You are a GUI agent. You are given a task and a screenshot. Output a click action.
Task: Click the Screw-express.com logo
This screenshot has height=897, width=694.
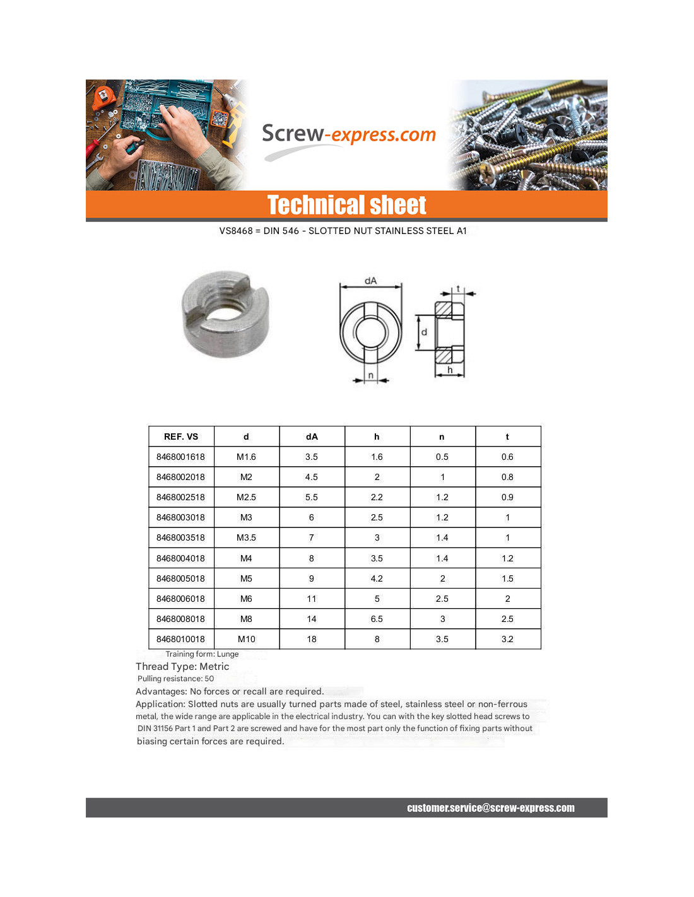click(348, 135)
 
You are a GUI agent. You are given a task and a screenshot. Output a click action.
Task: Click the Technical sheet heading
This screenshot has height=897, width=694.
click(346, 205)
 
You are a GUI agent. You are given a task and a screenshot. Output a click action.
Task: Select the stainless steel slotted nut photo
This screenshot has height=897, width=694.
click(225, 314)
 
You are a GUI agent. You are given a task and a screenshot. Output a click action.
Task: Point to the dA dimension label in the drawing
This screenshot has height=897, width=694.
click(370, 281)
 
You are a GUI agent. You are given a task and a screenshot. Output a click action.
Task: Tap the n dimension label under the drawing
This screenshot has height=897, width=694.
click(371, 375)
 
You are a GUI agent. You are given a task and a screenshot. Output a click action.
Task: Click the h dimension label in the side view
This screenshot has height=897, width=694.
click(450, 370)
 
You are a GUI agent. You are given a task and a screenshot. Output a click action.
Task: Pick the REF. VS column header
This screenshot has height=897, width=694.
click(181, 437)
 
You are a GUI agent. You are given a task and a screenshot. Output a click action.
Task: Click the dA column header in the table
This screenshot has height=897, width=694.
click(312, 437)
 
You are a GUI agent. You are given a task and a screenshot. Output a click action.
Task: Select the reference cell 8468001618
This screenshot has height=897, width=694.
click(180, 457)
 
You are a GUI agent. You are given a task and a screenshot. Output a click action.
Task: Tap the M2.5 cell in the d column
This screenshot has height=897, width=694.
click(246, 497)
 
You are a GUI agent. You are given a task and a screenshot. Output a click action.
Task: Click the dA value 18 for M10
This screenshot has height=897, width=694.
click(312, 639)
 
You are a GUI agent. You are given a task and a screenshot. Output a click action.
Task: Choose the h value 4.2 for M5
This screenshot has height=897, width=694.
click(377, 578)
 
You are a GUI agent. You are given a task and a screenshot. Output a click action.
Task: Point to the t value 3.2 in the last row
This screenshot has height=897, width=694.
click(507, 639)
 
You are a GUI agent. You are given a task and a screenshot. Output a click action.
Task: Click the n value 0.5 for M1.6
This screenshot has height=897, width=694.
click(442, 457)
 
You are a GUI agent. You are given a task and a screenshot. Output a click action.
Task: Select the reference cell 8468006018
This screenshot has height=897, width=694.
click(180, 599)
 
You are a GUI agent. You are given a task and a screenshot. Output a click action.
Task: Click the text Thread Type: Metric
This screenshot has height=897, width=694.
click(182, 666)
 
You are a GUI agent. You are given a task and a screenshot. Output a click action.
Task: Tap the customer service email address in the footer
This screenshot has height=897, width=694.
click(490, 808)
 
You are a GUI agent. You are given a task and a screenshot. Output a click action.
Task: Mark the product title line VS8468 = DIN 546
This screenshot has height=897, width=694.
click(343, 231)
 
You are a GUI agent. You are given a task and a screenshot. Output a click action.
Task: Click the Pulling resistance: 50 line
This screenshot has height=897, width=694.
click(176, 679)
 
